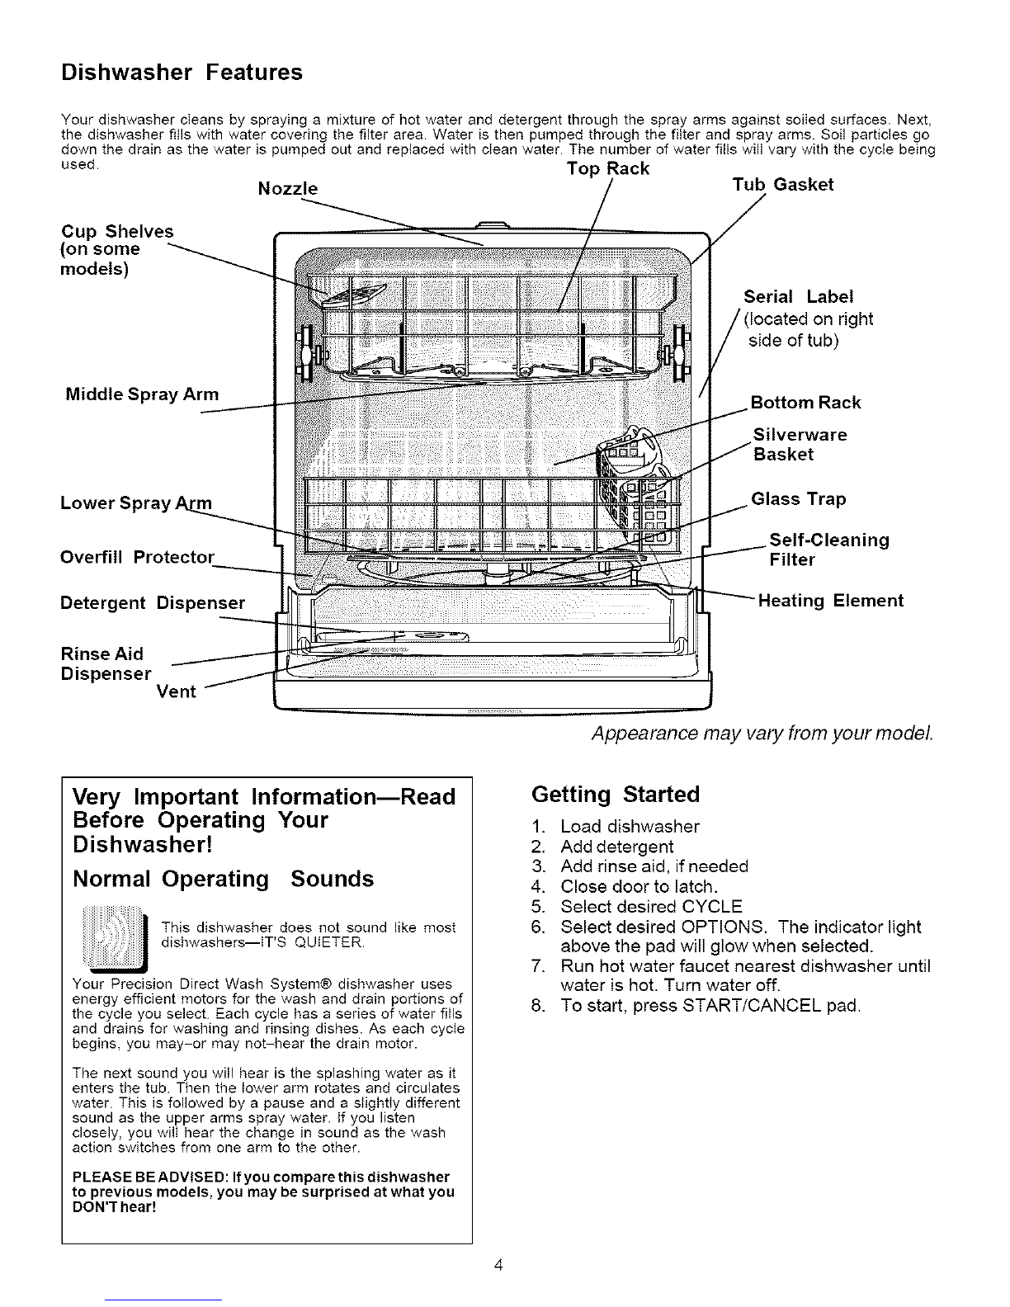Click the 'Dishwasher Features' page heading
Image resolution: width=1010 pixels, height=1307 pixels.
182,73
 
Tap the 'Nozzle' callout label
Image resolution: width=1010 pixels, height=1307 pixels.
288,189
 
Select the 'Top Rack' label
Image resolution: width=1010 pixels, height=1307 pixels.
608,168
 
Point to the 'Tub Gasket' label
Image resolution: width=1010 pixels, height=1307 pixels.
783,185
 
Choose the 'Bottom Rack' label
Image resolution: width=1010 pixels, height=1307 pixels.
805,403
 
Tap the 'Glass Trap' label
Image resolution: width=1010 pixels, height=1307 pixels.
799,499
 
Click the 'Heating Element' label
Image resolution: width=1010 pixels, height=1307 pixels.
830,601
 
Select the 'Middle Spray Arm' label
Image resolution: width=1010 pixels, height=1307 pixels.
142,394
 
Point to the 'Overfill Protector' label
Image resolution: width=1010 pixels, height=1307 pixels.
138,558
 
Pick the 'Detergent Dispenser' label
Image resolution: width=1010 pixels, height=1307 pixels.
153,603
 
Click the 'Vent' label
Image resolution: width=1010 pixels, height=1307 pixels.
176,691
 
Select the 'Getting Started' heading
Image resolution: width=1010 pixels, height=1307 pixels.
616,795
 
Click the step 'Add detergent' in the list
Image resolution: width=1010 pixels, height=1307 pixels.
616,847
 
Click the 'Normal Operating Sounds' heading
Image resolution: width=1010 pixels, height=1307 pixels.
223,879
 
